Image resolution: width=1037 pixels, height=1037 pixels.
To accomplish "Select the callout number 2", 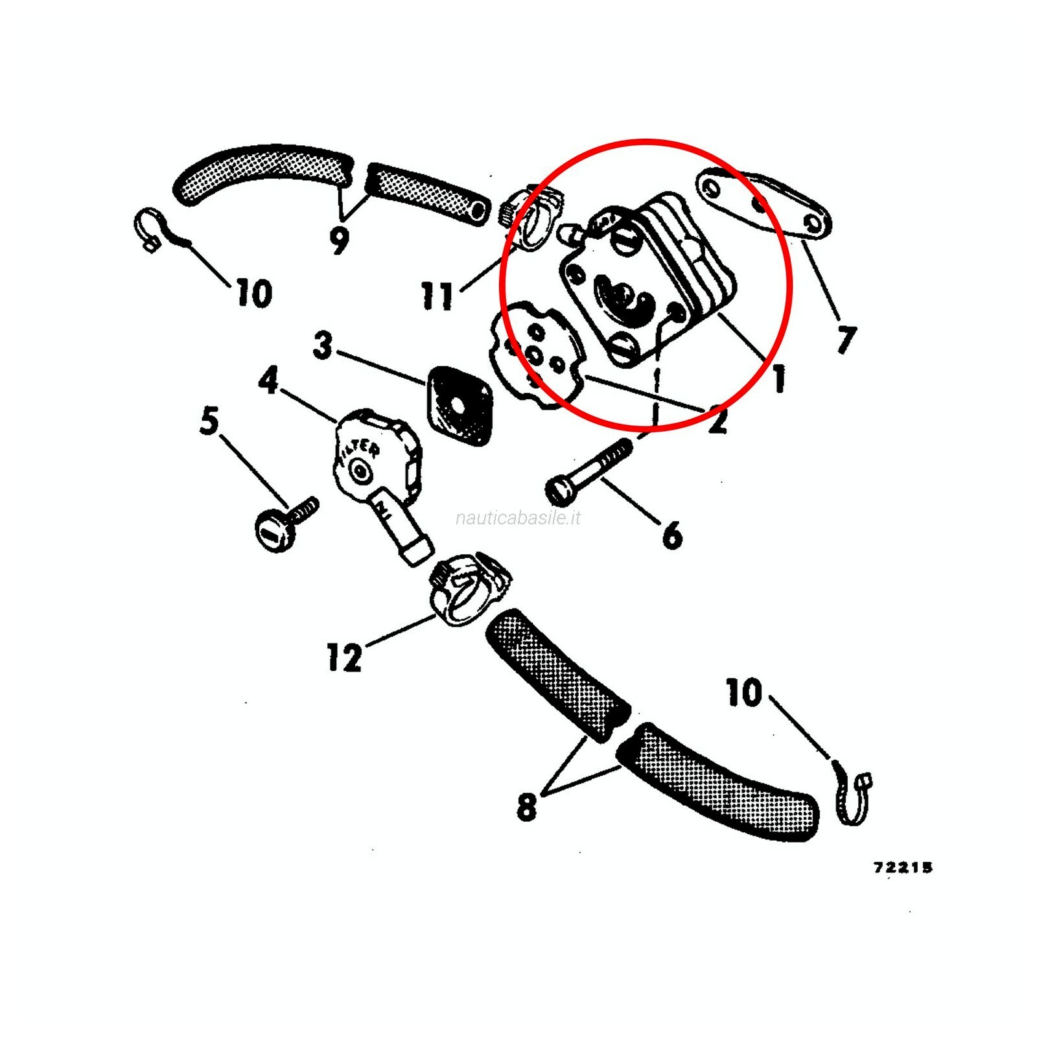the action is pos(717,419).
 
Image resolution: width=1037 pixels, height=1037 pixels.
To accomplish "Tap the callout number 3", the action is pos(322,345).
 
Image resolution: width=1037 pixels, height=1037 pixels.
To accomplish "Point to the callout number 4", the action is pos(268,380).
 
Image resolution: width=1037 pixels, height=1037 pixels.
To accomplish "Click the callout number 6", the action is pos(672,534).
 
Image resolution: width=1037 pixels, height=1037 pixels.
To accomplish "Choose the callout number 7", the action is pos(846,338).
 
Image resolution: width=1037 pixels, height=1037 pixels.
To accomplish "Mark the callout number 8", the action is pos(526,807).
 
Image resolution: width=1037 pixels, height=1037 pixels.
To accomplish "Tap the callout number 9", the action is pos(339,240).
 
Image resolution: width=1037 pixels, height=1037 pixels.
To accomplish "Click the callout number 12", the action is pos(344,657).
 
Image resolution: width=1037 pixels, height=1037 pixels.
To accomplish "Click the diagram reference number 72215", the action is pos(903,867).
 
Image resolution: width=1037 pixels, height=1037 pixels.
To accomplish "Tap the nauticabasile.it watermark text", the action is pos(518,518).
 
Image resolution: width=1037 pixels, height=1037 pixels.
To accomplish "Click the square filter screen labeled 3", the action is pos(458,406).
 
